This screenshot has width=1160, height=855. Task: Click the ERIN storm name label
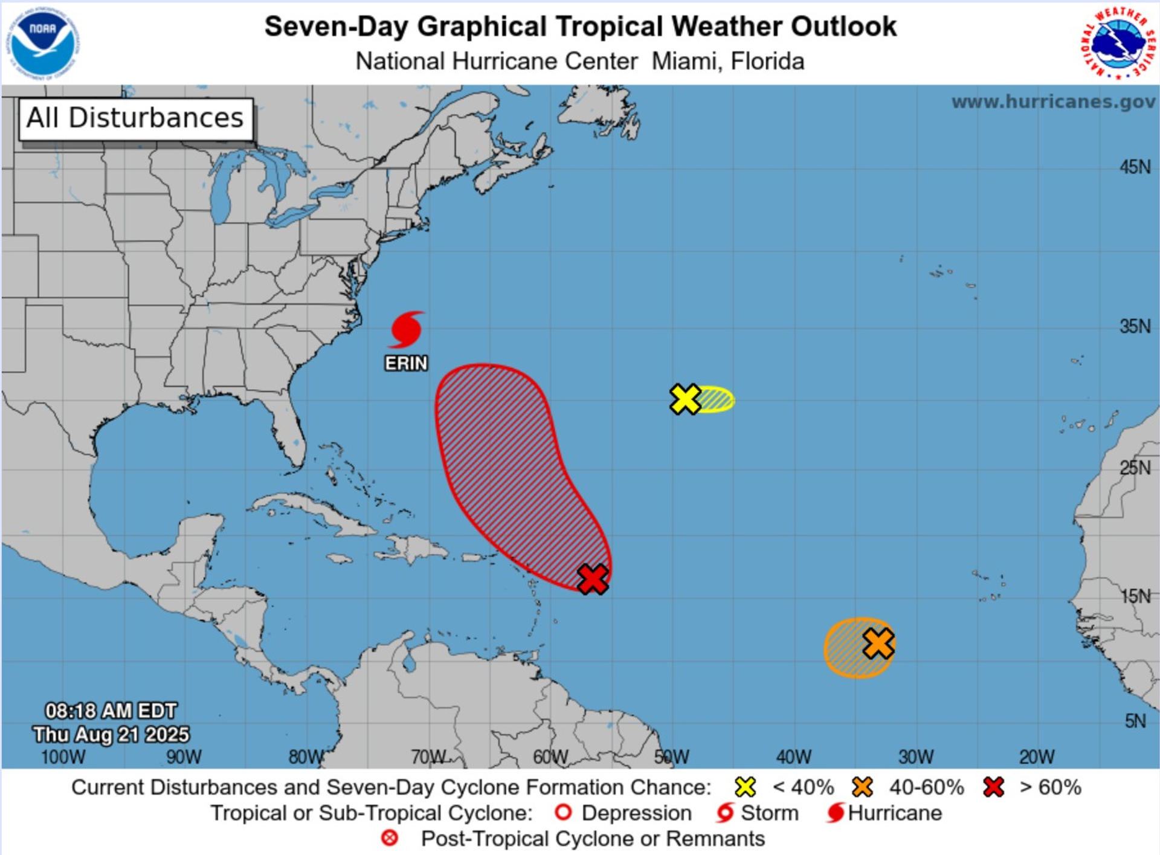coord(406,363)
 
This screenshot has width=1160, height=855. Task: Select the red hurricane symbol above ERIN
coord(405,330)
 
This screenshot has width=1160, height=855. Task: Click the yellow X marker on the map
coord(685,399)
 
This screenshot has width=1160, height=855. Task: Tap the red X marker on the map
coord(593,579)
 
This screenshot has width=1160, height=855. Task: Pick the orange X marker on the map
coord(878,643)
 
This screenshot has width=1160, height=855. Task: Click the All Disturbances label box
coord(135,118)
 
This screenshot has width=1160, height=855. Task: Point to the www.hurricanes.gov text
coord(1052,102)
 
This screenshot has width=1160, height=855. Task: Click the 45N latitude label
coord(1135,167)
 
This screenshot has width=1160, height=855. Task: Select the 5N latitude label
coord(1135,721)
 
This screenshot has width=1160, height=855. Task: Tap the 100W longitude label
coord(63,757)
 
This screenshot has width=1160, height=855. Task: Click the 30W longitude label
coord(915,757)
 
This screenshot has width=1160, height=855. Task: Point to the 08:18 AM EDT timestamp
coord(111,711)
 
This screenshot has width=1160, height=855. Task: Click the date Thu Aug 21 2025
coord(111,734)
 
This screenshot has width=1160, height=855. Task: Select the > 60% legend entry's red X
coord(993,787)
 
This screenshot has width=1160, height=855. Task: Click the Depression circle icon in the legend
coord(562,813)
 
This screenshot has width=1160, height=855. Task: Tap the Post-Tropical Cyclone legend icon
coord(390,838)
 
